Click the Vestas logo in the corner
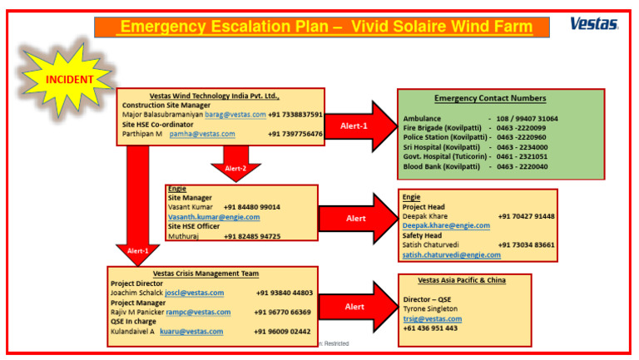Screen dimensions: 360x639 click(593, 23)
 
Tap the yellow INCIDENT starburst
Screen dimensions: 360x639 click(69, 79)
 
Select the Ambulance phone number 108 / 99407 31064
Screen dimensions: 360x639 click(528, 119)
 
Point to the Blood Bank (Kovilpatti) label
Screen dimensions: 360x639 click(441, 166)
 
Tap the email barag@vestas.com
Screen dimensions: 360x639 click(235, 115)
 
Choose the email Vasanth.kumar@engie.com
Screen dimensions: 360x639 click(214, 217)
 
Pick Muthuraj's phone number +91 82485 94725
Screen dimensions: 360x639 click(252, 236)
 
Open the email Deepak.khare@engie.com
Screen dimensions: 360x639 click(446, 225)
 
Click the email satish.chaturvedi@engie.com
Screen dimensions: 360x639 click(452, 254)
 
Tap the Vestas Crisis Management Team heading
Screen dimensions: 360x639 click(206, 273)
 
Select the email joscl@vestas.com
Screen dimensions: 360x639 click(194, 293)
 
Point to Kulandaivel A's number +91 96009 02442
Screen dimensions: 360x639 click(283, 331)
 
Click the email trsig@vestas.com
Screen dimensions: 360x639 click(432, 318)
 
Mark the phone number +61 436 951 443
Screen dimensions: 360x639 click(430, 328)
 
